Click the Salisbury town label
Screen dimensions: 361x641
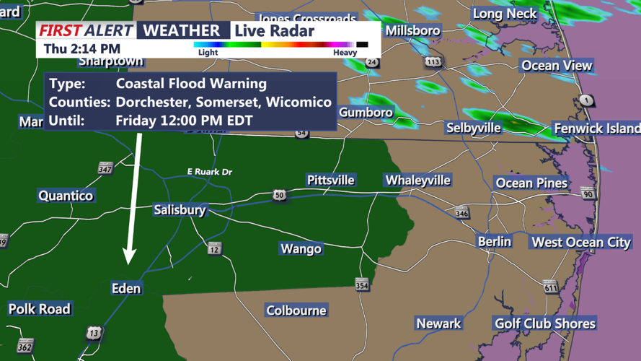pos(180,210)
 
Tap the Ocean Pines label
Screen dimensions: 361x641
pos(531,183)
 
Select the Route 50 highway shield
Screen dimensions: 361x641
pos(278,196)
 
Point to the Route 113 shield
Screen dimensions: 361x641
pos(433,62)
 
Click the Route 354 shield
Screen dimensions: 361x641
pos(362,284)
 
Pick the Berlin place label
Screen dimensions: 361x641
pos(494,241)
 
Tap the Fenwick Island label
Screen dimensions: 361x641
pos(596,129)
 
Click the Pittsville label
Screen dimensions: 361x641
pos(330,180)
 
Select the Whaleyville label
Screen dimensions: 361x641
pos(417,180)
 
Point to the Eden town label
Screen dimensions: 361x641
pos(126,288)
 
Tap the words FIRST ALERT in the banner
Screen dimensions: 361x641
pos(86,30)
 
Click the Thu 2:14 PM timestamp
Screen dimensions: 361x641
pos(81,49)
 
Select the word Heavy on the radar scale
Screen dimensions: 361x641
pos(345,53)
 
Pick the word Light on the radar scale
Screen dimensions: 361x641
pos(208,53)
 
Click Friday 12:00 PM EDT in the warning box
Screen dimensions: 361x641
pos(184,120)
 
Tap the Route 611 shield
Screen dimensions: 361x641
pos(551,288)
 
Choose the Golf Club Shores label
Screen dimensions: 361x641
pos(544,323)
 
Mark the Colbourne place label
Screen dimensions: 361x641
pos(296,310)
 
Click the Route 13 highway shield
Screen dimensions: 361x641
pos(94,333)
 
